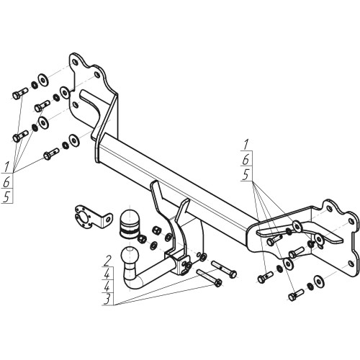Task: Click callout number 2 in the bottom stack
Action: point(107,261)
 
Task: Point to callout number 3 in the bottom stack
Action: point(107,300)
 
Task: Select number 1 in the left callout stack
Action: point(7,166)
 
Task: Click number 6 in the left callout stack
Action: point(6,182)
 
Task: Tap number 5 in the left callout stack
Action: point(6,197)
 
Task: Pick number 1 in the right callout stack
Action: point(246,145)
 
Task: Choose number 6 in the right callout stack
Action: point(246,160)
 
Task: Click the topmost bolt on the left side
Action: point(20,94)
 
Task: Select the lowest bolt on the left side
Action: point(51,154)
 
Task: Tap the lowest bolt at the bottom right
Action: point(296,295)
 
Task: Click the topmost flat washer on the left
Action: point(43,78)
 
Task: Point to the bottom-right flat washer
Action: point(319,281)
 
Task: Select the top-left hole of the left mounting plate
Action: point(75,63)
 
